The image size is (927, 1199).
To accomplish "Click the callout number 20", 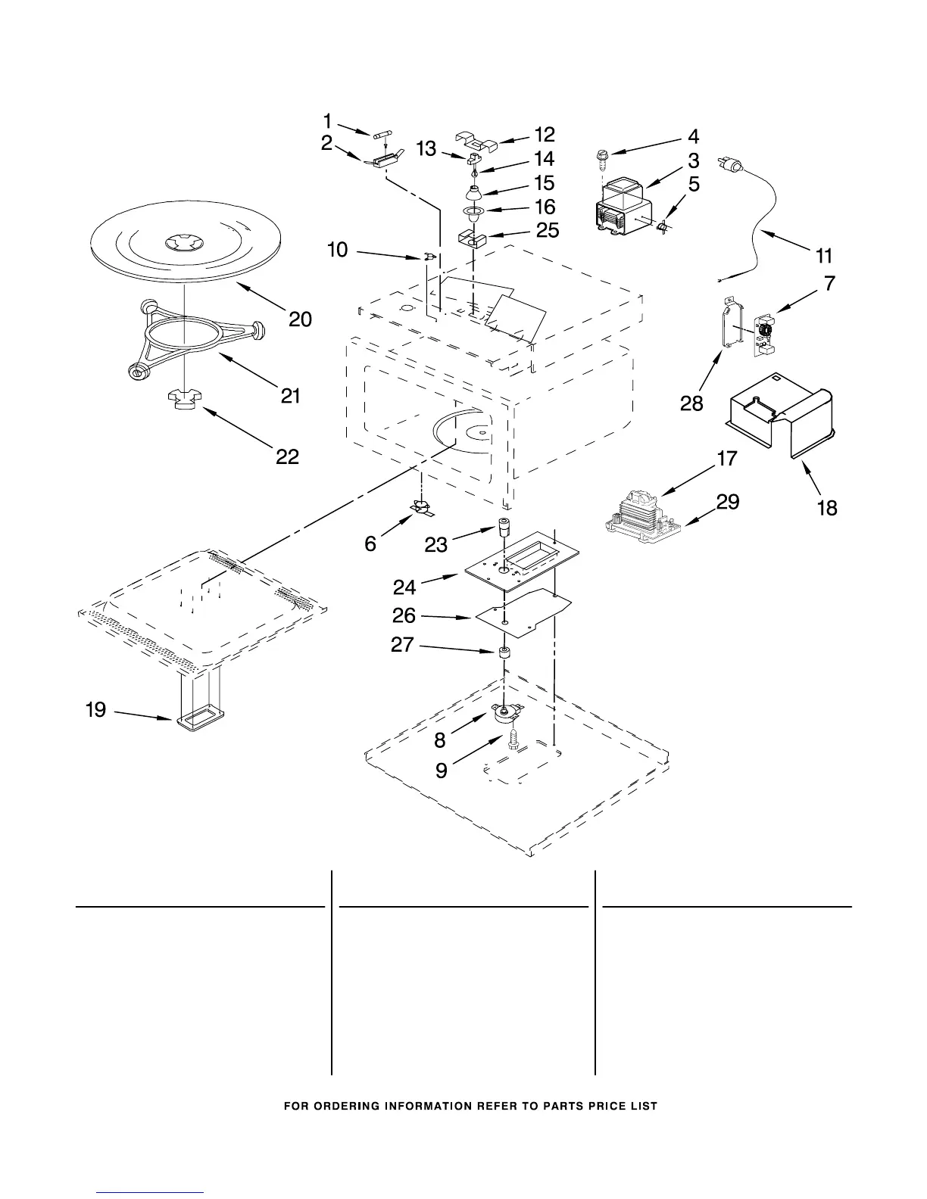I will [x=300, y=319].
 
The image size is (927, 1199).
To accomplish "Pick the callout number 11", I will [x=823, y=256].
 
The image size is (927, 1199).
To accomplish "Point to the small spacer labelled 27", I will [x=502, y=653].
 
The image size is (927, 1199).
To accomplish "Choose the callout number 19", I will [x=95, y=710].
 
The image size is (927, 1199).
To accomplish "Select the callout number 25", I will [x=548, y=230].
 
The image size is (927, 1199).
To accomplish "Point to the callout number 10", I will [x=338, y=249].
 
